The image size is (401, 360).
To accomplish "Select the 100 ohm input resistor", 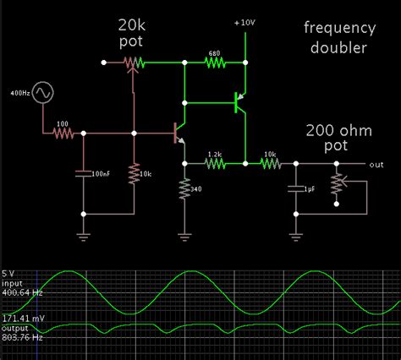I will [64, 133].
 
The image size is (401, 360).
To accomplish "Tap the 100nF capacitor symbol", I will [83, 173].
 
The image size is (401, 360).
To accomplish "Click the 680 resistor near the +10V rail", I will [214, 61].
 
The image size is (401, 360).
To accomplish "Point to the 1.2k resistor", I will [214, 162].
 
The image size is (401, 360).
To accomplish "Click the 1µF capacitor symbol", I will [295, 187].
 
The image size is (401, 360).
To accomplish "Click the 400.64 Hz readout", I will [22, 292].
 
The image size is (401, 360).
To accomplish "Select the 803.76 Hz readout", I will [22, 336].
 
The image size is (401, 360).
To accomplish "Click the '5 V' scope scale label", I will [9, 274].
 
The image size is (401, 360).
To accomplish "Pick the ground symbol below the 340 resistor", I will [184, 238].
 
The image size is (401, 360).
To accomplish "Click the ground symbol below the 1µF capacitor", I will [295, 228].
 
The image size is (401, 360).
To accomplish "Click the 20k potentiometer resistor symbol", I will [132, 61].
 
